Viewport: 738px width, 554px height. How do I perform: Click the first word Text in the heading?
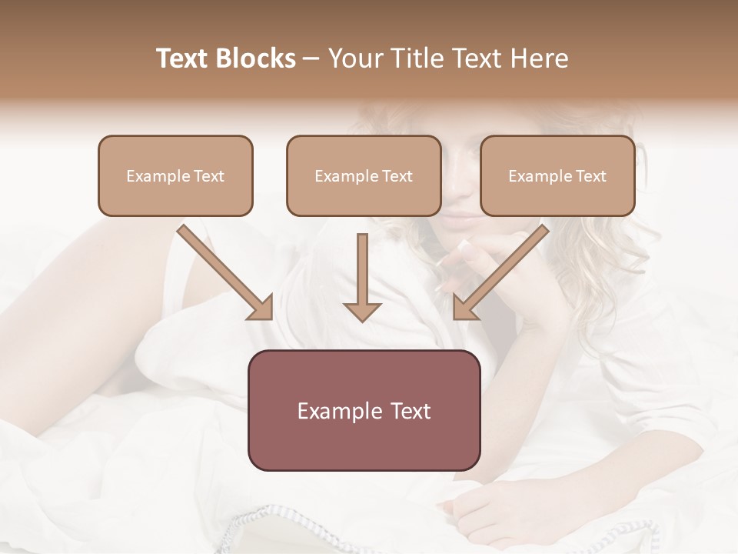184,58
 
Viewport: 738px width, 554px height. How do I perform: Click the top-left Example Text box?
175,176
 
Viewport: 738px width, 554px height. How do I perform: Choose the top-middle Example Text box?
364,176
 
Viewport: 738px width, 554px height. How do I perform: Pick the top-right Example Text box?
557,176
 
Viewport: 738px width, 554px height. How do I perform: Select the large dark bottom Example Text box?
364,410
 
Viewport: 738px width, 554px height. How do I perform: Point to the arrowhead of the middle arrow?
362,311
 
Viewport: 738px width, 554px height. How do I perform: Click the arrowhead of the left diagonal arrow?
261,308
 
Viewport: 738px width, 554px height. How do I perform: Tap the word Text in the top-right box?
590,176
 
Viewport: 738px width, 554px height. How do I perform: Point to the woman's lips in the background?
460,222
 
